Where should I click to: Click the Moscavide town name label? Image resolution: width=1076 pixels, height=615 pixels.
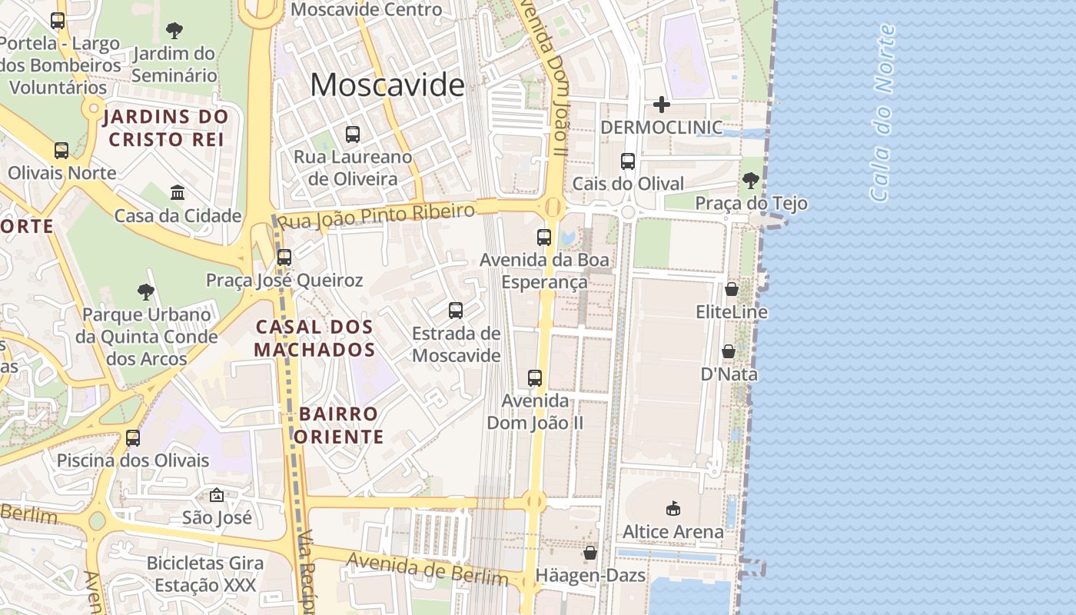[x=387, y=85]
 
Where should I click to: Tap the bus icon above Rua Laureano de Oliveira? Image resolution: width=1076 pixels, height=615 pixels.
[x=353, y=135]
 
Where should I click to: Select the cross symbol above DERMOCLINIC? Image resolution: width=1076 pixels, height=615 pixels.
[x=661, y=105]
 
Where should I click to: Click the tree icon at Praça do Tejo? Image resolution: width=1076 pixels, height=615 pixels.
[x=751, y=181]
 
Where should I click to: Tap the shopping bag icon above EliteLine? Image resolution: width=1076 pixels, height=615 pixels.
[x=732, y=290]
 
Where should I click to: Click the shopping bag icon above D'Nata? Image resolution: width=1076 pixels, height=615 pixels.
[x=729, y=351]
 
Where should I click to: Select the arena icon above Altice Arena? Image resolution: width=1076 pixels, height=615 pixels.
[x=673, y=508]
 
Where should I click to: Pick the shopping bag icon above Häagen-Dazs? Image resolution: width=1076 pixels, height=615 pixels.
[x=590, y=553]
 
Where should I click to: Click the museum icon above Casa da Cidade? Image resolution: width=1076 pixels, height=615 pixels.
[x=178, y=192]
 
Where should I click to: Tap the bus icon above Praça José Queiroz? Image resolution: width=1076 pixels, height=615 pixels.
[x=284, y=257]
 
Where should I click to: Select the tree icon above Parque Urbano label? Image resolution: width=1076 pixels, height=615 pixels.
[x=146, y=292]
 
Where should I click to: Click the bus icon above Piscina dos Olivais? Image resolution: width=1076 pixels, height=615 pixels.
[x=133, y=438]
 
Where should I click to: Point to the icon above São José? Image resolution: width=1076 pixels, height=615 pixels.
[x=217, y=495]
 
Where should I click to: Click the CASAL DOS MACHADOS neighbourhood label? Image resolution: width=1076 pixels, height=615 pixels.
[x=314, y=338]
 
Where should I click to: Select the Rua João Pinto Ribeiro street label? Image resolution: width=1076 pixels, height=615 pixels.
[x=376, y=215]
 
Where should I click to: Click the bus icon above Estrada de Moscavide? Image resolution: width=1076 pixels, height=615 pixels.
[x=456, y=311]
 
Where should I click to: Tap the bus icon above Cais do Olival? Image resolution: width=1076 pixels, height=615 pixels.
[x=628, y=161]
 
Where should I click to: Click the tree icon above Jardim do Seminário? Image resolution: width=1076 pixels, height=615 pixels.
[x=174, y=31]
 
